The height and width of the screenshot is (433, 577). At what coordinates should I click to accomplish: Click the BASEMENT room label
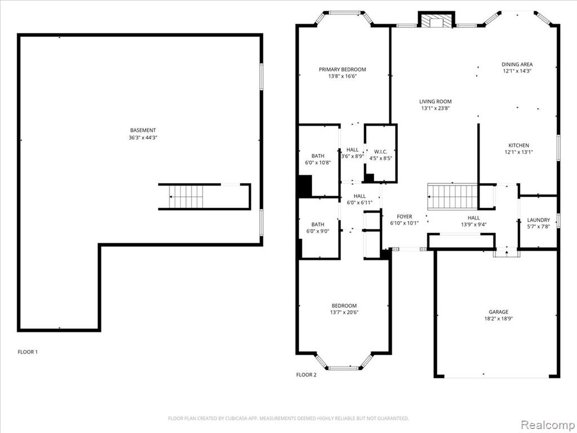[x=143, y=130]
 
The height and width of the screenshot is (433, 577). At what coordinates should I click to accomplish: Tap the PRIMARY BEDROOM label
[x=342, y=69]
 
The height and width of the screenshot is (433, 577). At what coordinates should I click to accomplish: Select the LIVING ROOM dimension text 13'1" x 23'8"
[x=436, y=108]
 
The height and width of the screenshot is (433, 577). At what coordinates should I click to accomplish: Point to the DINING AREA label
[x=517, y=64]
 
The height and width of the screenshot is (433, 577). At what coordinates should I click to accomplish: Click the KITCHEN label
[x=519, y=145]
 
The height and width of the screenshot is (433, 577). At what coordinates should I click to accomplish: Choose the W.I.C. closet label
[x=380, y=152]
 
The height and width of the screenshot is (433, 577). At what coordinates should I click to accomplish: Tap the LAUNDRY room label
[x=538, y=220]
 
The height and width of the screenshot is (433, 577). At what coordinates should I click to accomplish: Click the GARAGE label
[x=499, y=312]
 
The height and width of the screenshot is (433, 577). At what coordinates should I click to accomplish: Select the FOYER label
[x=405, y=216]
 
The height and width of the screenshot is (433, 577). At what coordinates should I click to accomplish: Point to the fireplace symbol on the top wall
[x=437, y=21]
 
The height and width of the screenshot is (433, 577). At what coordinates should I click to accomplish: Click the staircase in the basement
[x=186, y=197]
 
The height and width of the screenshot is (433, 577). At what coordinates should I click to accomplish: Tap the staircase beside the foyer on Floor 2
[x=452, y=197]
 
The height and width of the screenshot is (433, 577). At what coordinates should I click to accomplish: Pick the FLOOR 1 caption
[x=28, y=352]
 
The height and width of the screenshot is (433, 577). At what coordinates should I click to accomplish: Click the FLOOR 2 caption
[x=306, y=375]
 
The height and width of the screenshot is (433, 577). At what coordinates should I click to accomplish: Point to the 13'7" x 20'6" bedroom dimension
[x=344, y=312]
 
